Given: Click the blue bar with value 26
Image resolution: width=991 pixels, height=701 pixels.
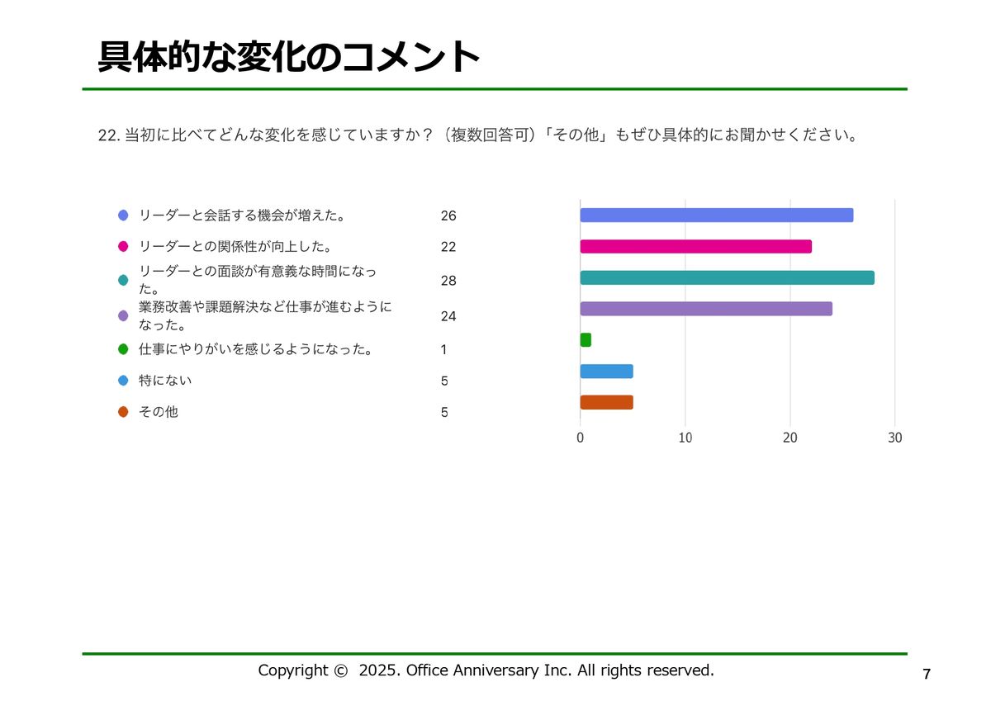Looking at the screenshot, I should coord(716,216).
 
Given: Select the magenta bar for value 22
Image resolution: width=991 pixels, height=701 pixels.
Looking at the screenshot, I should coord(695,246).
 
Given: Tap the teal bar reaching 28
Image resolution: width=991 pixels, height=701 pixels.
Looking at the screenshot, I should coord(727,277).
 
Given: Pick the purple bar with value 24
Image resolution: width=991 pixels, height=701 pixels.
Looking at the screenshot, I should coord(706,309).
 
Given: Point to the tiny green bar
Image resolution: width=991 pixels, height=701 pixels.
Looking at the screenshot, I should coord(586,340).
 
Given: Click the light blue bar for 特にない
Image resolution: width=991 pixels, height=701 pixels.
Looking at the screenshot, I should coord(606,372).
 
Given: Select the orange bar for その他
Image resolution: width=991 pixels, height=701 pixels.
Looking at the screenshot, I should coord(606,403).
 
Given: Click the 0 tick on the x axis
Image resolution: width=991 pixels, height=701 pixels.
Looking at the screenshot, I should coord(581,438).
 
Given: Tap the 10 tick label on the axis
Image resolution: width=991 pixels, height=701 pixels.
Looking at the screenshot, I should coord(685,438).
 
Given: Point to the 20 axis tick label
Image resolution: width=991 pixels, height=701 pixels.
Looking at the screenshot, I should coord(790,438).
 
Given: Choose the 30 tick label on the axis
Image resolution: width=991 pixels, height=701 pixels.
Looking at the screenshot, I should coord(895,438).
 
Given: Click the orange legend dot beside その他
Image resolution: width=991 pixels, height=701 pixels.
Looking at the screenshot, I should coord(123,412).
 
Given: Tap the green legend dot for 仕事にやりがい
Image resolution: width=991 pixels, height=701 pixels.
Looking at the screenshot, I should coord(123,349).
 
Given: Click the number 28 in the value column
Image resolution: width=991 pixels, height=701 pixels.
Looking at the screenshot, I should coord(448,281).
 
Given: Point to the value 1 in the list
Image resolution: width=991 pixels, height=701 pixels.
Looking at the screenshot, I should coord(443,349).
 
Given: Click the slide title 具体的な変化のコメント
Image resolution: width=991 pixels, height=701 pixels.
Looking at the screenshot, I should coord(289,57).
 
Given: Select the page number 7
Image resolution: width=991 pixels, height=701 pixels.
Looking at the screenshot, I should coord(927,674).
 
